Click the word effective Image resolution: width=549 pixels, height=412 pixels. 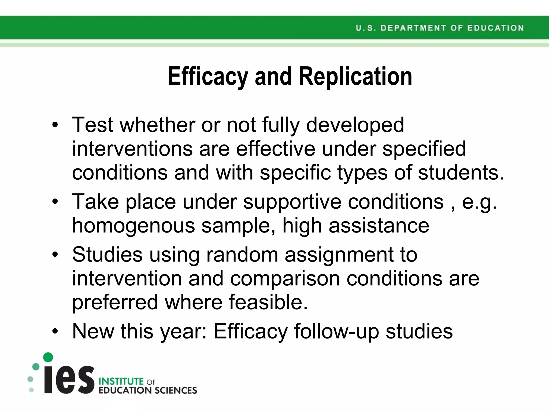tap(275, 149)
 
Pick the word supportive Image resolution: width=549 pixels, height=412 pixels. tap(292, 202)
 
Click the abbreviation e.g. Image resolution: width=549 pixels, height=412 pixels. tap(479, 202)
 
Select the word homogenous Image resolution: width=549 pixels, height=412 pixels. tap(133, 226)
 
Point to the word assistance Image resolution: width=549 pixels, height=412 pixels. tap(379, 226)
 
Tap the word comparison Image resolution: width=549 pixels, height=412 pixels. tap(285, 278)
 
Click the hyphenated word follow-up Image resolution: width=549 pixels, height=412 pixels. tap(336, 331)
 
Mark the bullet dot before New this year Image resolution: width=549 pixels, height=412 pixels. tap(55, 332)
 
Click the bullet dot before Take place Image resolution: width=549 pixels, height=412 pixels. tap(55, 202)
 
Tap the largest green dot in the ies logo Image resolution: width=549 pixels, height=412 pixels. tap(48, 357)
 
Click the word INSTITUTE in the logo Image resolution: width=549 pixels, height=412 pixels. tap(121, 381)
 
